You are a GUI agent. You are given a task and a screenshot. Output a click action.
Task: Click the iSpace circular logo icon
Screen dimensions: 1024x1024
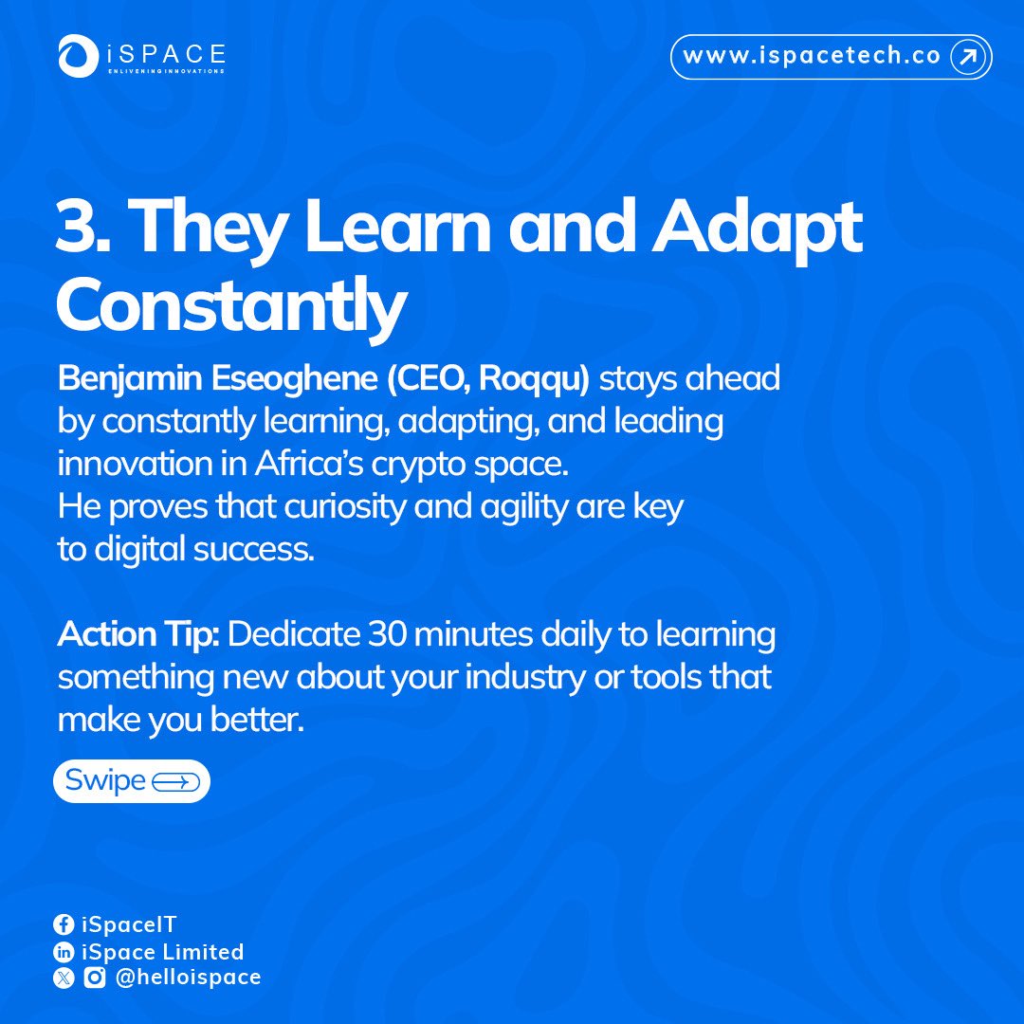click(x=75, y=56)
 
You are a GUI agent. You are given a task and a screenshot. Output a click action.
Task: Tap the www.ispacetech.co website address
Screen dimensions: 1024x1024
click(x=812, y=57)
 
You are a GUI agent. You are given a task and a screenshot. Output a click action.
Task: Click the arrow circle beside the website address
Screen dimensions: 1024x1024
click(x=967, y=57)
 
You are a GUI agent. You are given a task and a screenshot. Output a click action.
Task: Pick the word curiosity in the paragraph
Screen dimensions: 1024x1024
click(x=345, y=507)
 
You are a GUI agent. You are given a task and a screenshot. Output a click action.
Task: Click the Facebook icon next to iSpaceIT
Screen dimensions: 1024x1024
click(x=64, y=924)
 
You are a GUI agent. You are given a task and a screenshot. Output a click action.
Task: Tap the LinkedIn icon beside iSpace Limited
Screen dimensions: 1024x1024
click(x=64, y=952)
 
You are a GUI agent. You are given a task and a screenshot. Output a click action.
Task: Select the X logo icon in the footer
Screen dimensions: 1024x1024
click(x=64, y=978)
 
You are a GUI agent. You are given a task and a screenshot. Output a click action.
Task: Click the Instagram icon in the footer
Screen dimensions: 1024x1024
click(x=94, y=978)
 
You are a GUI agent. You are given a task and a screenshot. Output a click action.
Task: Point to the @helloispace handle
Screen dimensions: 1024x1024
click(x=187, y=978)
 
